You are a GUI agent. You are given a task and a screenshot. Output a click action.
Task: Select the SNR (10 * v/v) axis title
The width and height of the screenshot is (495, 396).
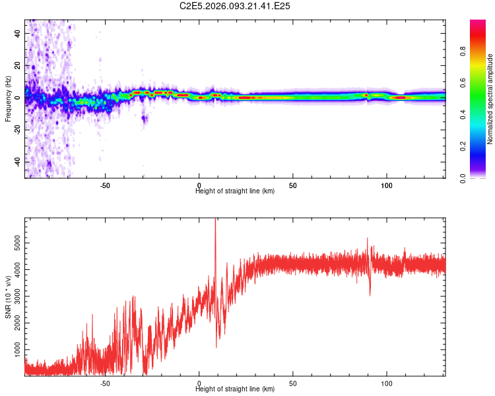point(8,298)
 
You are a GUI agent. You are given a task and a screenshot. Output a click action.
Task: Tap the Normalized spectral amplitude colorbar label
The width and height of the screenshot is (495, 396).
point(490,99)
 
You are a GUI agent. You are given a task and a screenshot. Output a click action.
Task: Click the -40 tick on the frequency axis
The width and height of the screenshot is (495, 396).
point(18,162)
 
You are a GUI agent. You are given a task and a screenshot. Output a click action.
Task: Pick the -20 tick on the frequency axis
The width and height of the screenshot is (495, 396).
point(18,129)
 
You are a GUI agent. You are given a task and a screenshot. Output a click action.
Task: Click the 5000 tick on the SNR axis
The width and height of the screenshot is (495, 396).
point(18,246)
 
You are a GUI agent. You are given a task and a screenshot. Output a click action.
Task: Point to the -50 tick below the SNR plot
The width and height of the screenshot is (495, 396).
point(105,382)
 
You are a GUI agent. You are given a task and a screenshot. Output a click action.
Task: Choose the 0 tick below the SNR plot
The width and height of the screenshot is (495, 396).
point(199,382)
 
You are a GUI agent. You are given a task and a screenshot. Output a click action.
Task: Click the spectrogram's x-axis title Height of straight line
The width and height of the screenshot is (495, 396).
point(236,191)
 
